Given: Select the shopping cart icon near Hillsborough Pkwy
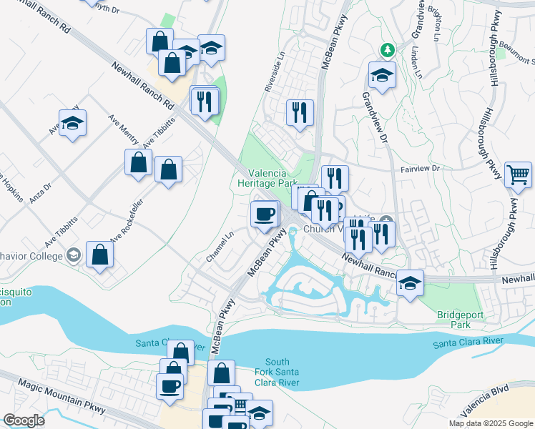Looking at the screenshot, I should click(x=518, y=174).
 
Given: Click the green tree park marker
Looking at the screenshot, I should click(x=387, y=49).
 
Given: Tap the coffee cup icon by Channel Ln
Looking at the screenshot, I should click(x=265, y=214).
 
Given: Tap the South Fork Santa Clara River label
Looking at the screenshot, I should click(x=278, y=373).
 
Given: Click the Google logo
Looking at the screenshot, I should click(x=24, y=421).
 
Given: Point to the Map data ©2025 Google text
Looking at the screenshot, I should click(x=491, y=423).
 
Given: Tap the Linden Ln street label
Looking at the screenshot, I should click(x=417, y=64).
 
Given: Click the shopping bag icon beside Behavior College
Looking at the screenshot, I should click(x=99, y=254).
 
